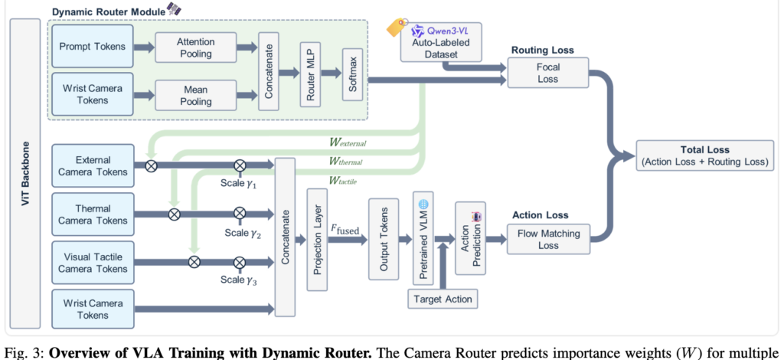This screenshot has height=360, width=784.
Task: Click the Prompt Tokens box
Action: point(93,47)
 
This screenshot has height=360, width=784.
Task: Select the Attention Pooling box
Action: point(195,47)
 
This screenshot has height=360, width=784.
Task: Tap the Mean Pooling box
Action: point(195,95)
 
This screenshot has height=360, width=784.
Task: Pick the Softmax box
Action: point(352,75)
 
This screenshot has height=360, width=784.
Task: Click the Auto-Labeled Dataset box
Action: point(441,42)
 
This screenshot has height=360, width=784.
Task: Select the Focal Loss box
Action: point(548,73)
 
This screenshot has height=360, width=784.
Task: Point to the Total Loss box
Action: point(705,155)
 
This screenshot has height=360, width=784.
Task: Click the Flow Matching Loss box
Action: point(548,240)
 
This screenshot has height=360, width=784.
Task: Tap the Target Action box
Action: point(443,299)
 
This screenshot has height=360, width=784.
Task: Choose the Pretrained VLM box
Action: point(423,238)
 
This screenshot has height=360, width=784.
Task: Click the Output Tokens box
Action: point(384,239)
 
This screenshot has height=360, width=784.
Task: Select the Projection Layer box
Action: point(318,240)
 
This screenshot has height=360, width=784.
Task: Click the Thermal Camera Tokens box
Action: point(93,214)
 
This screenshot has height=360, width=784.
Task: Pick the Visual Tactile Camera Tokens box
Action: point(93,263)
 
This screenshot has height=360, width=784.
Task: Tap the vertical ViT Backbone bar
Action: point(24,174)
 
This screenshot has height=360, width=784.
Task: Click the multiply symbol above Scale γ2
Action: point(240,214)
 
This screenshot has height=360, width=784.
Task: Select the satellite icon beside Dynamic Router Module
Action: point(174,8)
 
